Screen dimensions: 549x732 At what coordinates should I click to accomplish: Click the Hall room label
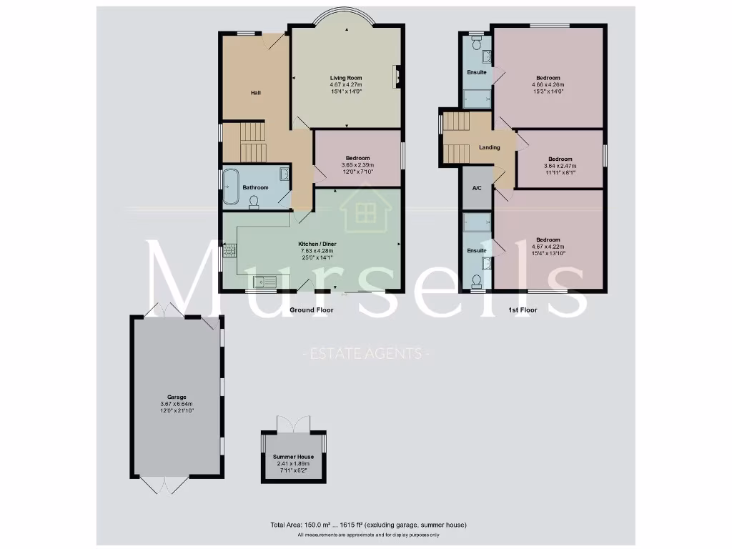point(255,93)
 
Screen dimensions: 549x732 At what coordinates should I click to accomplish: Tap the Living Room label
point(346,78)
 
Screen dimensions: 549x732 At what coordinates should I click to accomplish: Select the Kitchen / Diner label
point(317,244)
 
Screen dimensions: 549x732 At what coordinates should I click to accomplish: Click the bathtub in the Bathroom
point(231,188)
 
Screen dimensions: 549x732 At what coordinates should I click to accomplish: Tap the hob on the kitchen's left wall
point(229,251)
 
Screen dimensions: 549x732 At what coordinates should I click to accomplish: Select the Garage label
point(177,397)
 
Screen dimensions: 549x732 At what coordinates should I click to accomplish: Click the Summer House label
point(293,456)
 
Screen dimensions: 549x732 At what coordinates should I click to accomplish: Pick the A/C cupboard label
point(477,188)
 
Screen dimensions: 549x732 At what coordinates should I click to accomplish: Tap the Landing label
point(489,147)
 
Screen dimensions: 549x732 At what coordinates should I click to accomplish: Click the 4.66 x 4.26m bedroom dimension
point(548,84)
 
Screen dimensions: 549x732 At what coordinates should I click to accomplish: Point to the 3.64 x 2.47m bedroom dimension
point(560,166)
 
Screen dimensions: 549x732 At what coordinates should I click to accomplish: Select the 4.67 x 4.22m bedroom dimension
point(548,247)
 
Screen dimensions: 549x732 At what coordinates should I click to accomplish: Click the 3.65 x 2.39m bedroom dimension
point(357,165)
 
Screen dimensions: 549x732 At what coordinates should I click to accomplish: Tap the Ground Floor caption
point(311,310)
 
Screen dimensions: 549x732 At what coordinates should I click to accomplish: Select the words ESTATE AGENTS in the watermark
point(365,353)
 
